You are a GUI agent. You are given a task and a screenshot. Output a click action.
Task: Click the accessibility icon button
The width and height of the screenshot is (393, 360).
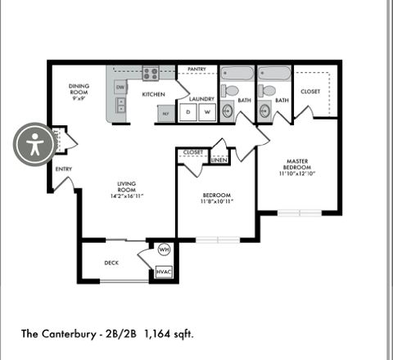coord(34,145)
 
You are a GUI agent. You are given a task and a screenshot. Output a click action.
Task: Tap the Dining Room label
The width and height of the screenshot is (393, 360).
coord(79,89)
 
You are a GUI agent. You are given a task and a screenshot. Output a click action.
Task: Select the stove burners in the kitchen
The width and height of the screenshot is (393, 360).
coord(150,73)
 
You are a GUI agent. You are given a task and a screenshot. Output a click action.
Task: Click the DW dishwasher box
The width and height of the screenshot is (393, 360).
coord(120,87)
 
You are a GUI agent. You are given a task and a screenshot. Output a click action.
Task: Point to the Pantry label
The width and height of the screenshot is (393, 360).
coord(196,70)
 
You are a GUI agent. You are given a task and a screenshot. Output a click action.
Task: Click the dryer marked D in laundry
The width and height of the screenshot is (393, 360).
coord(187,111)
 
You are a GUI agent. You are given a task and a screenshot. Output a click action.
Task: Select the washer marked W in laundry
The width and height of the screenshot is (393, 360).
coord(207,111)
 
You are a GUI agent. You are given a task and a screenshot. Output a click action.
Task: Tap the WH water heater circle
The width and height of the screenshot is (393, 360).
coord(163,250)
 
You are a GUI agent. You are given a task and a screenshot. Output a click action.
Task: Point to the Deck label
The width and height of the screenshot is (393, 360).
coord(112,263)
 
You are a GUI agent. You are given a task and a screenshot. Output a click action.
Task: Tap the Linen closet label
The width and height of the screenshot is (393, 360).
coord(219,160)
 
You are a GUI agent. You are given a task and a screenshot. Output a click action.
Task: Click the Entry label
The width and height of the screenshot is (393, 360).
coord(64,169)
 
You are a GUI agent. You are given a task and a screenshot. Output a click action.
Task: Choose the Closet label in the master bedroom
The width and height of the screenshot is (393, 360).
coord(310,92)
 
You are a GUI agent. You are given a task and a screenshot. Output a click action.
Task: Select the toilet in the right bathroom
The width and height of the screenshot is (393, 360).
coord(266,91)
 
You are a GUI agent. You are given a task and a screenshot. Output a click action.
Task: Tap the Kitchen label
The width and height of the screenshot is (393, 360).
coord(154,95)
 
